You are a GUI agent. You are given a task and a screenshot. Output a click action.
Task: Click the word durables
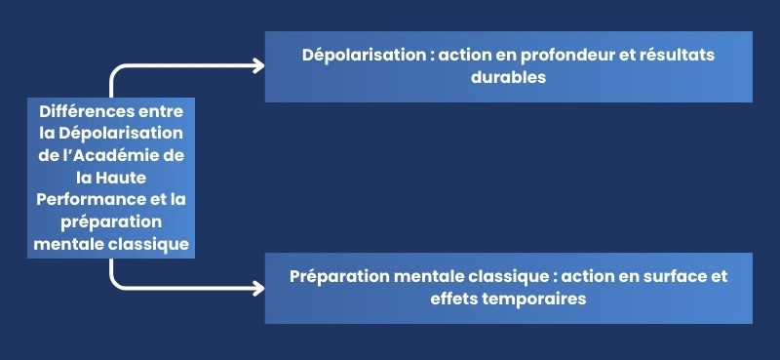[508, 78]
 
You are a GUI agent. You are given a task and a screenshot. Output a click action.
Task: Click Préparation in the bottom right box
[341, 276]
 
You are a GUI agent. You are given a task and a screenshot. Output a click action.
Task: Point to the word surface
[663, 276]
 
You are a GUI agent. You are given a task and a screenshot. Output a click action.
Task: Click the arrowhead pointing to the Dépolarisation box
[257, 66]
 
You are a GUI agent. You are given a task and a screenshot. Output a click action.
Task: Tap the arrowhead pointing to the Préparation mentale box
[257, 288]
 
